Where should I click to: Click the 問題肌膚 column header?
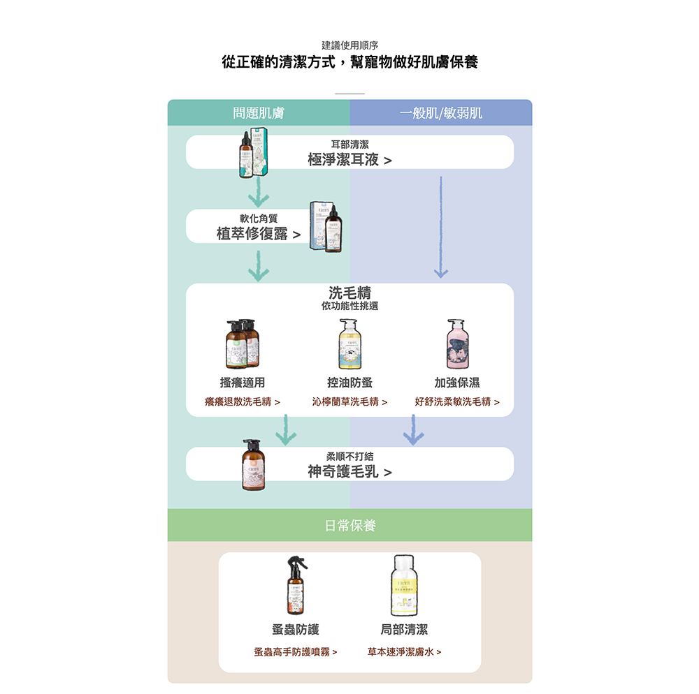(x=259, y=113)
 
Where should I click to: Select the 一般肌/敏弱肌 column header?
(x=441, y=113)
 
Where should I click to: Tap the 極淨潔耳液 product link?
(x=349, y=160)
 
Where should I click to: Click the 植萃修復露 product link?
(x=258, y=234)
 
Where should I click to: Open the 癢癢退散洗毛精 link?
(x=242, y=402)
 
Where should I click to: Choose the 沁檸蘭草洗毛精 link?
(x=349, y=402)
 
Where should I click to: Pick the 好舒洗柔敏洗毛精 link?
(x=457, y=402)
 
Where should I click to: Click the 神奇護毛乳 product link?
(x=349, y=472)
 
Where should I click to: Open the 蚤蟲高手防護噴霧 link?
(x=295, y=652)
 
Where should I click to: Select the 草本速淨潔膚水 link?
(x=404, y=652)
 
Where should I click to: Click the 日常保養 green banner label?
(x=349, y=526)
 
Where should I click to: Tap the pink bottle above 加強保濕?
(x=458, y=344)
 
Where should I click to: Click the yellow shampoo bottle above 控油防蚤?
(x=349, y=344)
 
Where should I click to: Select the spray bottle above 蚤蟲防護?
(x=296, y=585)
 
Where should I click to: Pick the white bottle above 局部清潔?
(x=404, y=585)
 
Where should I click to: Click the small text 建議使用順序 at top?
(x=349, y=45)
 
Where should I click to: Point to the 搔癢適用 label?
(x=242, y=383)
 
